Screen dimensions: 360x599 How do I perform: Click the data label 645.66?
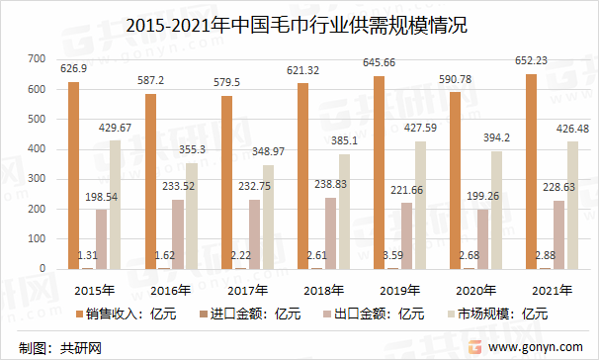(x=381, y=64)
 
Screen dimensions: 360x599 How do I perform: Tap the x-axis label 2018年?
(x=322, y=290)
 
